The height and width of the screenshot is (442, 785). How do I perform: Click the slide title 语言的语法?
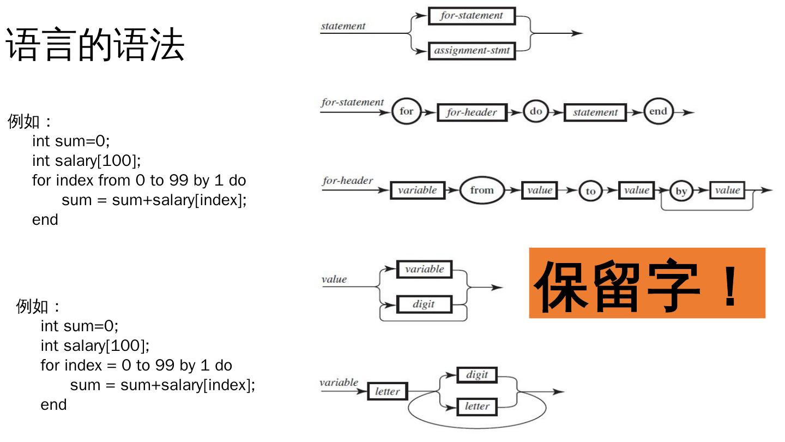click(x=95, y=45)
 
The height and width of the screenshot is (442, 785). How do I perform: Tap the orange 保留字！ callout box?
click(x=647, y=283)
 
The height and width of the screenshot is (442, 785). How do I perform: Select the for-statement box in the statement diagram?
click(x=472, y=16)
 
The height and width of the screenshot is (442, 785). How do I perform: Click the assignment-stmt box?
click(x=472, y=51)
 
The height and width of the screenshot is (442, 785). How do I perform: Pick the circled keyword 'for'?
click(x=407, y=112)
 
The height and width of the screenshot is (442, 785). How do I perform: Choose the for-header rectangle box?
click(x=472, y=112)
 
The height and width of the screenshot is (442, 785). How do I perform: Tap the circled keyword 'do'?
click(x=536, y=112)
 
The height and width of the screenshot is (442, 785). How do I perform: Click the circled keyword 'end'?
click(x=658, y=112)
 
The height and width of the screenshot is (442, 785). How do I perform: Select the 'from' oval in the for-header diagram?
click(x=481, y=190)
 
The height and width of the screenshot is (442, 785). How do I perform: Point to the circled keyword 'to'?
click(x=591, y=191)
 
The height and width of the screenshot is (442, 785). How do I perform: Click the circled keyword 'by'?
click(x=681, y=192)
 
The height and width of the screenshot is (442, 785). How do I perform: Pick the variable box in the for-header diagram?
click(x=417, y=190)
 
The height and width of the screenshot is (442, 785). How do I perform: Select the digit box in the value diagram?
click(x=424, y=304)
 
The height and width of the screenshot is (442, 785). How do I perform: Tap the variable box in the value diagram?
click(x=424, y=270)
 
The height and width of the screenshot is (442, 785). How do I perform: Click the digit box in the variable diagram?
click(x=476, y=375)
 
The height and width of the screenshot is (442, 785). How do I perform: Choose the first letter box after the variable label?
click(x=387, y=391)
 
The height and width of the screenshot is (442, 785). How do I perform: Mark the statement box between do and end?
click(x=595, y=112)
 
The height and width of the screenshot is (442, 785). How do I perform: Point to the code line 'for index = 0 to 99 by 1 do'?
click(x=136, y=365)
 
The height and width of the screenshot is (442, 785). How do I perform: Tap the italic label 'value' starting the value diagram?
click(x=334, y=279)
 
